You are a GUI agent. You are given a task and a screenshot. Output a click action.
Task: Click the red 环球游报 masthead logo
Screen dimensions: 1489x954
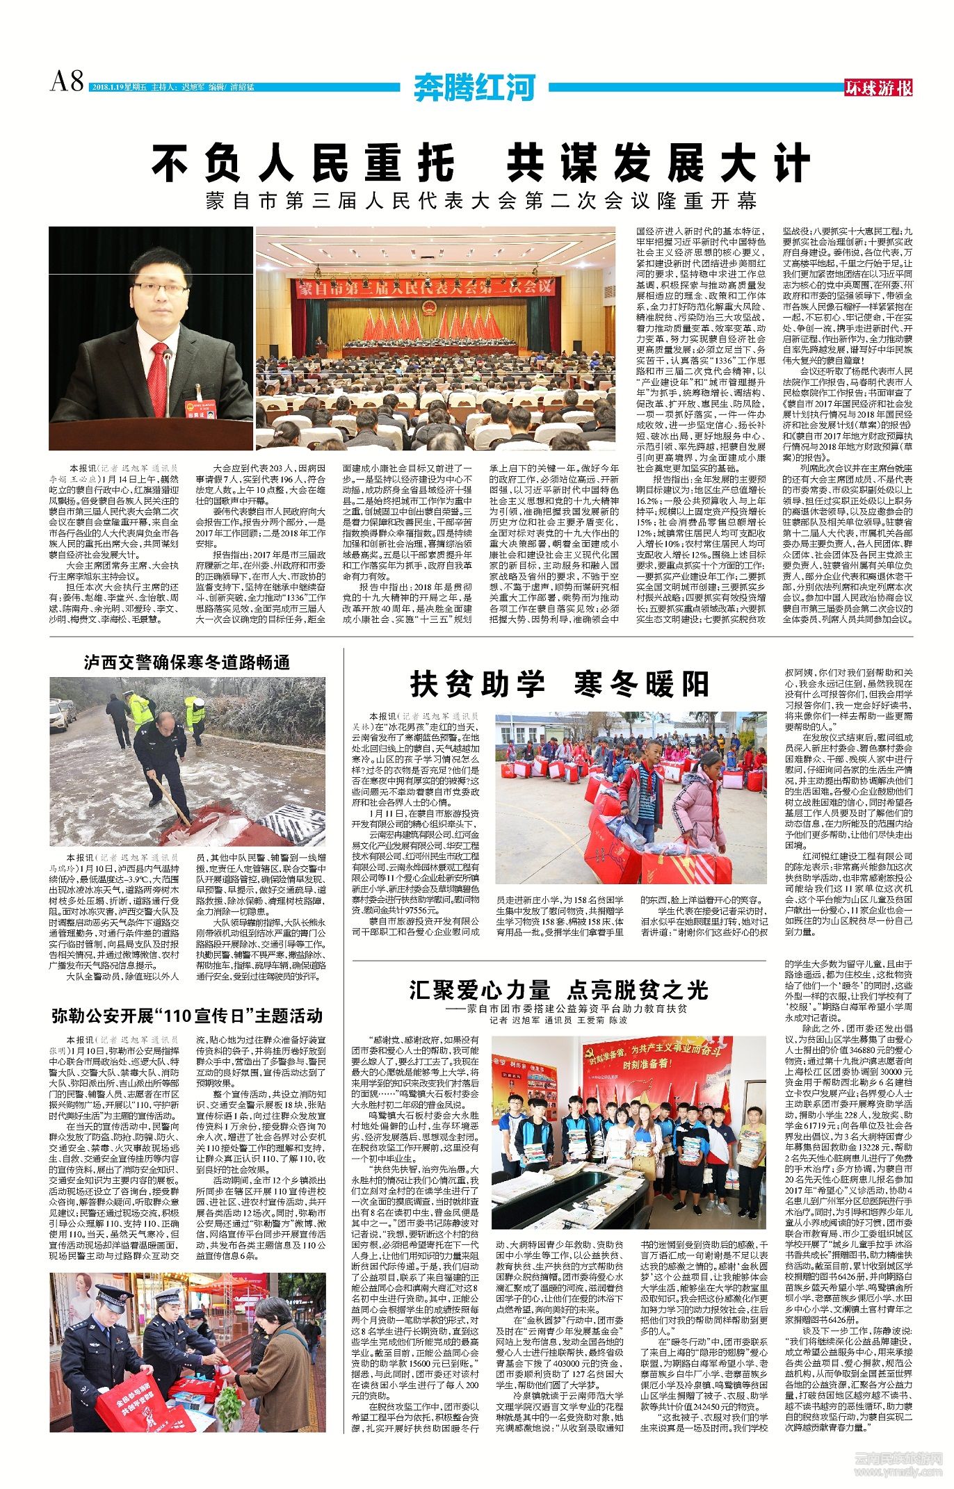coord(878,88)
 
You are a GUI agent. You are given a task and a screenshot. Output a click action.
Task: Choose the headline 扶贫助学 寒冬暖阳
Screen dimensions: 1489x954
coord(559,684)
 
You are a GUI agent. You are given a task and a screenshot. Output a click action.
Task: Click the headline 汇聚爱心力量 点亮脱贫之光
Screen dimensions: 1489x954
coord(558,990)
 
